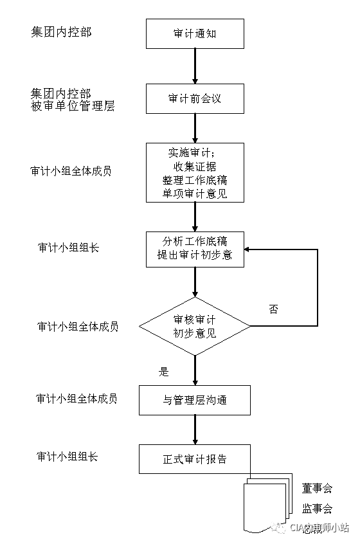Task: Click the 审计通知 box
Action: point(195,33)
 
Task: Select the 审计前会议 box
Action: point(195,99)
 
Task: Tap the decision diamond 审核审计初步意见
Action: point(195,327)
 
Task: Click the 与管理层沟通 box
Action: point(195,400)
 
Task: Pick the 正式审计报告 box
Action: point(195,459)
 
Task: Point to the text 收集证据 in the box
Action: point(195,167)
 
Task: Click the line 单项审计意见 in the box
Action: point(195,194)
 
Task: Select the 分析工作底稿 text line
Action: point(195,241)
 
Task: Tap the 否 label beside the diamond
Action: point(273,309)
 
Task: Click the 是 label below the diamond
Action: point(163,371)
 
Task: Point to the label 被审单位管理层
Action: point(73,106)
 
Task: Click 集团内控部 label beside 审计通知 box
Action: point(61,32)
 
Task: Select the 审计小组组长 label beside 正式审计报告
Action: point(67,457)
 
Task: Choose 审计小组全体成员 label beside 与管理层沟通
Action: point(77,399)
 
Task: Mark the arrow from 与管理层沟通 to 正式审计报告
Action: point(195,430)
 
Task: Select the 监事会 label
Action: point(317,509)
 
